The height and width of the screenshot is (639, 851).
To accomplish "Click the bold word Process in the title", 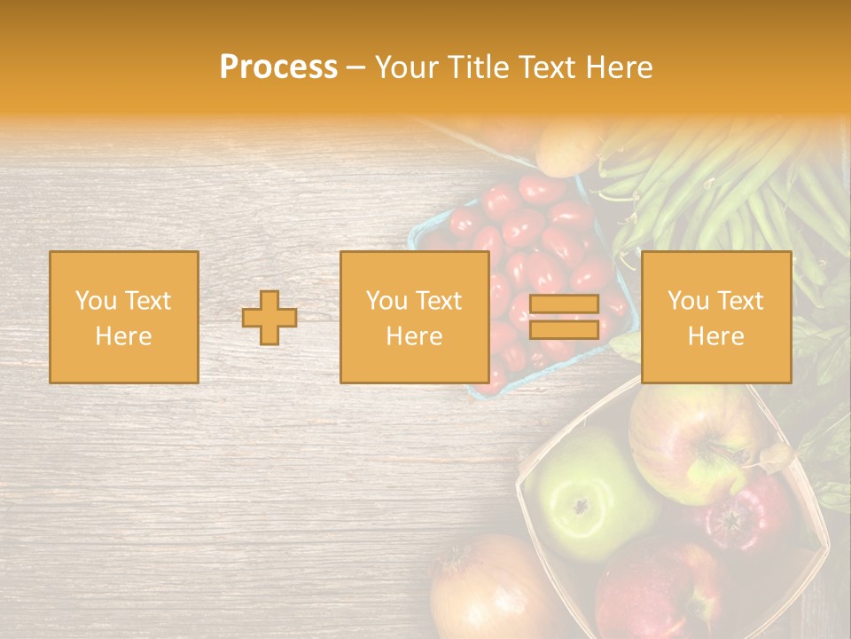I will (278, 67).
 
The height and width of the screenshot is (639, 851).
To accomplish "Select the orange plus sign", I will (269, 318).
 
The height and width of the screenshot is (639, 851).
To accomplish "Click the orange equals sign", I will (564, 318).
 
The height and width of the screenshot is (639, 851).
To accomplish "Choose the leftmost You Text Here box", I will (124, 317).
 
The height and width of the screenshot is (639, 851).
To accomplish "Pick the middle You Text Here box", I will (415, 317).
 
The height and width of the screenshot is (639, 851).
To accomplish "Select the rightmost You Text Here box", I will (716, 317).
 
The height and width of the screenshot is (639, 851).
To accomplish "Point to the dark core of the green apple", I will (581, 507).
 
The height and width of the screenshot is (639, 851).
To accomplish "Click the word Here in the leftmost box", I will (124, 336).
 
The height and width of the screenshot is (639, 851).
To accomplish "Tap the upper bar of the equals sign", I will (564, 304).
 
